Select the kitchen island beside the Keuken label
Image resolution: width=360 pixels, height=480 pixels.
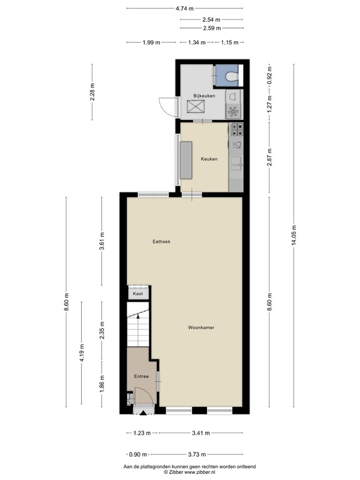pos(186,160)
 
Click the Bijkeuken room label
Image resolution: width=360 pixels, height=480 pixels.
pos(204,96)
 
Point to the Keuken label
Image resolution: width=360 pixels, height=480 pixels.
pos(209,159)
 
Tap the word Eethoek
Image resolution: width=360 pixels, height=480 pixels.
pos(161,241)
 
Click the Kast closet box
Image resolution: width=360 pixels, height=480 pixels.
pos(138,293)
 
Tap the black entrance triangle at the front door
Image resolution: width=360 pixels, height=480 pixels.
pos(142,412)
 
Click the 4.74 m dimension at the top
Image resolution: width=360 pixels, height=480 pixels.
pos(184,8)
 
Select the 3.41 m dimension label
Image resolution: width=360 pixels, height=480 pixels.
pos(199,432)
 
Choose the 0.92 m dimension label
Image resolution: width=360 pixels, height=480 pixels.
pos(269,76)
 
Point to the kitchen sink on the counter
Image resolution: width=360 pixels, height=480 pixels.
pos(236,164)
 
